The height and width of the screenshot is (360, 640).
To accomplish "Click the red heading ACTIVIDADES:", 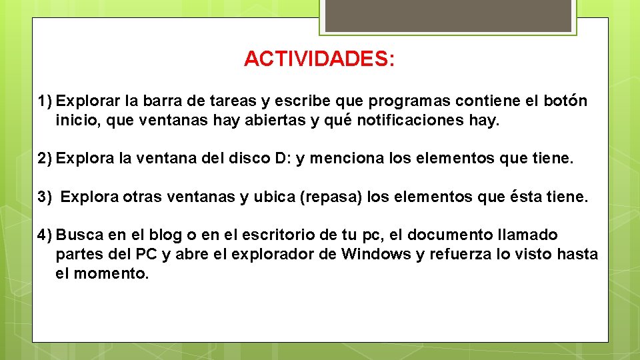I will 319,59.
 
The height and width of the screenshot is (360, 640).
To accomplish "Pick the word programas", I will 409,101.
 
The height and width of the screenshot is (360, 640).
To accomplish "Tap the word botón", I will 565,101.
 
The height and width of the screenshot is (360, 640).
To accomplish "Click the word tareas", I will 232,101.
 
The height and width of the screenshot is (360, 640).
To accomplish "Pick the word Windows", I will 376,254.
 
